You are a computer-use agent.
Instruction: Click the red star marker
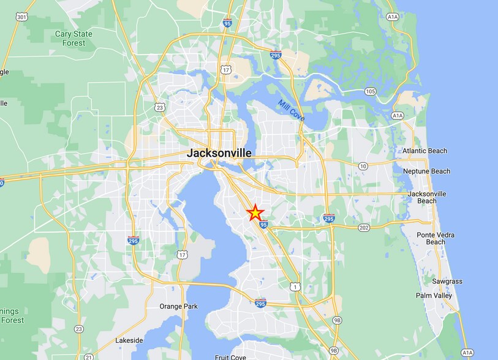click(x=255, y=212)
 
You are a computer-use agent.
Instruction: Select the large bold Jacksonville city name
click(x=219, y=153)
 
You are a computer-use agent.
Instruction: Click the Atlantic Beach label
click(x=424, y=151)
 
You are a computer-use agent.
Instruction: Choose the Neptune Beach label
click(x=426, y=171)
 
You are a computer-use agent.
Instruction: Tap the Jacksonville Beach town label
click(x=427, y=197)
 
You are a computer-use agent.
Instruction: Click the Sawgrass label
click(x=447, y=282)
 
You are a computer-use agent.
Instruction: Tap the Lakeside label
click(x=129, y=340)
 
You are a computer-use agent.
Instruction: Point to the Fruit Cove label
click(x=230, y=357)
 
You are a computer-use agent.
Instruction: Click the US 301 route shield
click(x=23, y=17)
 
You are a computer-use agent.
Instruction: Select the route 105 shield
click(x=369, y=92)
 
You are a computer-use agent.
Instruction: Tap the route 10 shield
click(x=363, y=166)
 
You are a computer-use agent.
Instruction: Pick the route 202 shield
click(x=364, y=227)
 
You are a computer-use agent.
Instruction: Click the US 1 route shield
click(x=295, y=287)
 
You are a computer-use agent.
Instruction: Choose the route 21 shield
click(x=89, y=357)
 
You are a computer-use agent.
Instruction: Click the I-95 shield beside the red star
click(x=263, y=225)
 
